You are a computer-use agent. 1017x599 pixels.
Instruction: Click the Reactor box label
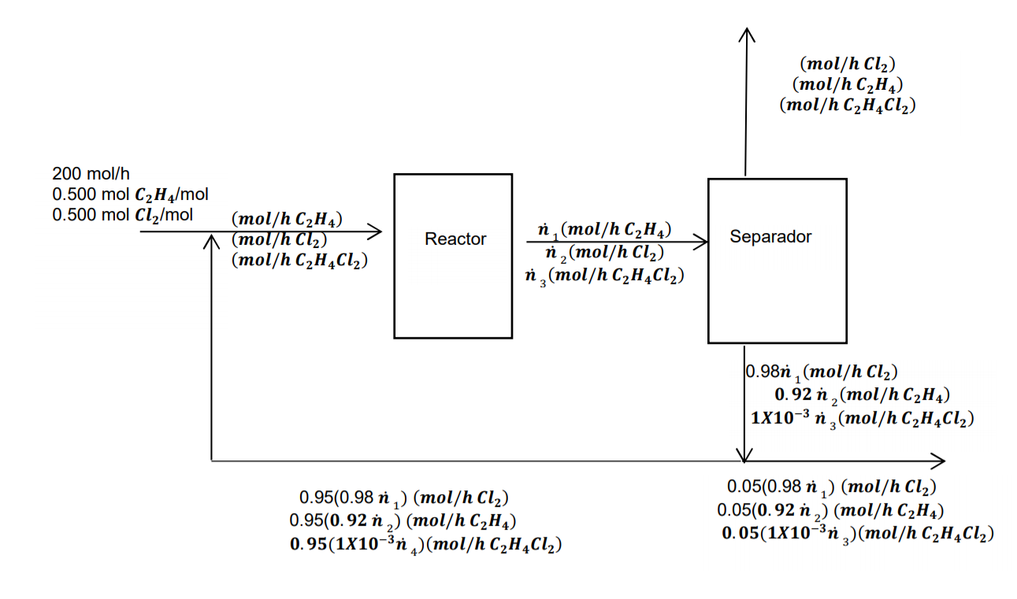click(455, 239)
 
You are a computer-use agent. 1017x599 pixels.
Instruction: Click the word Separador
click(770, 236)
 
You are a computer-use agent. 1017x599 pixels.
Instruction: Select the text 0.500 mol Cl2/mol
click(122, 215)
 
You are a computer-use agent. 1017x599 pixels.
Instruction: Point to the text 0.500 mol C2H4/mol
click(130, 194)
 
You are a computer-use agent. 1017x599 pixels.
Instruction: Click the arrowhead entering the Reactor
click(378, 231)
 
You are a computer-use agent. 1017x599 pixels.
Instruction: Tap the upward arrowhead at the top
click(745, 33)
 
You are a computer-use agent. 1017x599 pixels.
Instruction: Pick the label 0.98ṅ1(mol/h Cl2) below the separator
click(820, 372)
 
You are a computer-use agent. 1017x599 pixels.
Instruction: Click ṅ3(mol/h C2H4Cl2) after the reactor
click(603, 276)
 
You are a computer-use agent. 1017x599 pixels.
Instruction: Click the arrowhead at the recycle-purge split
click(744, 457)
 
